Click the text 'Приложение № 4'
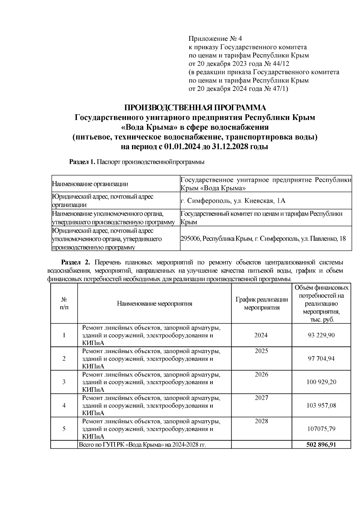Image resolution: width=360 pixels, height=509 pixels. [215, 39]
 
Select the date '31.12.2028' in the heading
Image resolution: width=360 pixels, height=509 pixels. [233, 147]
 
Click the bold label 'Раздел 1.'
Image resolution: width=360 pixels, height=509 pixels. [82, 162]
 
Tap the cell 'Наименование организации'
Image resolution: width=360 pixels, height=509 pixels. [90, 184]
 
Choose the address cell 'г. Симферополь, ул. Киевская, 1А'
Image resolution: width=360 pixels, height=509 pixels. [233, 201]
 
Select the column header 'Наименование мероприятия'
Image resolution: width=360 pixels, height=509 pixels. [154, 304]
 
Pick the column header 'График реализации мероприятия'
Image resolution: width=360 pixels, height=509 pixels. [262, 304]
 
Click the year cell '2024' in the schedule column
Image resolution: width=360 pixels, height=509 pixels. [261, 335]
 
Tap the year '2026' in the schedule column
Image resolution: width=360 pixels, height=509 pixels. [261, 375]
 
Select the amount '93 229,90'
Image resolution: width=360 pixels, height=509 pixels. [321, 335]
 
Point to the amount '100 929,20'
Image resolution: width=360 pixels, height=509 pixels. [321, 382]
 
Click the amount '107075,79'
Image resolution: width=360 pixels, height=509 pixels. [321, 429]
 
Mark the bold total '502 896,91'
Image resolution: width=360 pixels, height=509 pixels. [321, 445]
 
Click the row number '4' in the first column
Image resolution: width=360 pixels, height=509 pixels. [64, 406]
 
